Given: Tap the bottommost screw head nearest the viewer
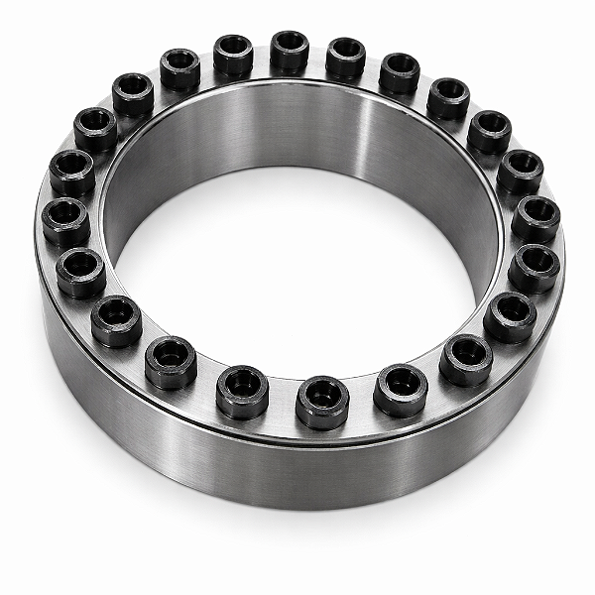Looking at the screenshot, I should pos(322,400).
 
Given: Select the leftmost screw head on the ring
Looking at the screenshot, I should pos(65,221).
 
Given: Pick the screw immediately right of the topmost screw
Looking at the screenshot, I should pos(346,58).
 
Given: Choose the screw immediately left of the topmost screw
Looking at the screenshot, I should pos(233,56).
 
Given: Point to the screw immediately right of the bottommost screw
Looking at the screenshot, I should pos(401,388).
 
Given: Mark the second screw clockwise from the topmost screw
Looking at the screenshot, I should pos(400,72).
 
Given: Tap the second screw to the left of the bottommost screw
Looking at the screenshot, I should pos(171,362).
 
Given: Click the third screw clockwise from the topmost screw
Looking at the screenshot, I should pos(448,97).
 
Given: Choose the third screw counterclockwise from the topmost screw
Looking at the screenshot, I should pos(133,94).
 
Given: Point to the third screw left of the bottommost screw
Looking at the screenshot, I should pos(116,320).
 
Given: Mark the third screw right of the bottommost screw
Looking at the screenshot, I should pos(510,316).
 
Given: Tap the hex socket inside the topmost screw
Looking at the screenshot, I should pos(290,44).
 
